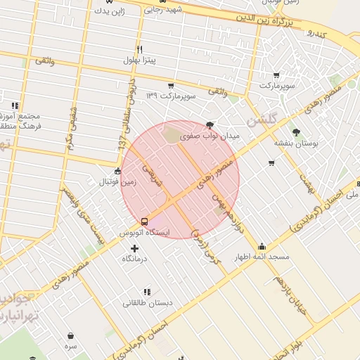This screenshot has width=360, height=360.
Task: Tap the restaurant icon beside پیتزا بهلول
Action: (x=139, y=49)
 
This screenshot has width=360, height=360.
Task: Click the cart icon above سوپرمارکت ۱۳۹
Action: (x=171, y=84)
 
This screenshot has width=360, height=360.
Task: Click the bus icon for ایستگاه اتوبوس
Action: (x=144, y=221)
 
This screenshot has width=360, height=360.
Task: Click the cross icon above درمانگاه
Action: (x=135, y=247)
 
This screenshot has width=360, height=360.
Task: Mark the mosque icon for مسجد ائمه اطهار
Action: (x=262, y=246)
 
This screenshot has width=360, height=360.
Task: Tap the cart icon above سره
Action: (x=70, y=336)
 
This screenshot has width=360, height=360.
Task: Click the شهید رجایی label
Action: (x=163, y=10)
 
